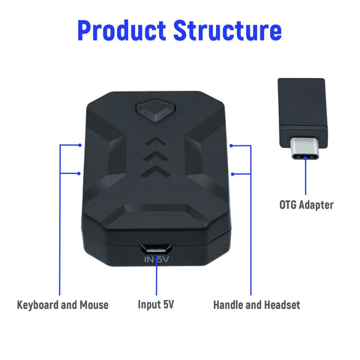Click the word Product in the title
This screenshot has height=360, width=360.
121,30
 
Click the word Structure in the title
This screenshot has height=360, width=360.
227,30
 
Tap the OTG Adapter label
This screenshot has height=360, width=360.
306,205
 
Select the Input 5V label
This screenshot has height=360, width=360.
156,304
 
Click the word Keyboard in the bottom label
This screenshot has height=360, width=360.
37,305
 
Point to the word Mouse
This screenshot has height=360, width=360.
94,305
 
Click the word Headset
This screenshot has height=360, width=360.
282,305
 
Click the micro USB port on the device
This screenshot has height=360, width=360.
156,249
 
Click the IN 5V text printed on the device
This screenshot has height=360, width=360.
157,259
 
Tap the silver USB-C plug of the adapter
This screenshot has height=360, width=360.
305,148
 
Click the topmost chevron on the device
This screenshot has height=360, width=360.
155,142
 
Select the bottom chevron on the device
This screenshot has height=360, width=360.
155,171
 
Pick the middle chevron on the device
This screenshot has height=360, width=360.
155,156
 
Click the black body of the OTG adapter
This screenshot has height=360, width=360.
303,113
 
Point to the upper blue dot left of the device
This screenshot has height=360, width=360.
79,145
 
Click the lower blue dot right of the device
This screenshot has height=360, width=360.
232,174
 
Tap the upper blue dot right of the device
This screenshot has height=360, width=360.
232,145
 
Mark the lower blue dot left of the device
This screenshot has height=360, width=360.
79,173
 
